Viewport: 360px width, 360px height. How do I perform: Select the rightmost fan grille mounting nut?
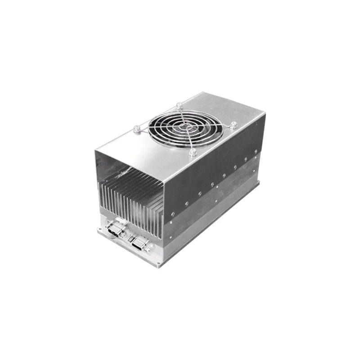(234, 126)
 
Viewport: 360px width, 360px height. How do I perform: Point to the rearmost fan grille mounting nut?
(179, 106)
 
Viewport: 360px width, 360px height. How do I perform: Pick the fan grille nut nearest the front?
(193, 153)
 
